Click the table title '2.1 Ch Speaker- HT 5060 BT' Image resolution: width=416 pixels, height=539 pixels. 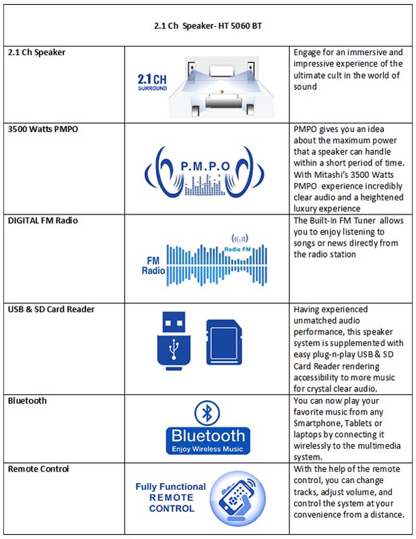point(207,26)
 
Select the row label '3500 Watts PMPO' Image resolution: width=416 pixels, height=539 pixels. point(43,129)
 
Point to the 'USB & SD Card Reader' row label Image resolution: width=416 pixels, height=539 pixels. point(51,309)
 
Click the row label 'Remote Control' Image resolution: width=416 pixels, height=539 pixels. point(38,468)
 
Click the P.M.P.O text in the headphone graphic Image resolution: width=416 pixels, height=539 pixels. point(207,166)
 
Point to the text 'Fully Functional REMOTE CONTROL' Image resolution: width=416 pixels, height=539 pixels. point(171,497)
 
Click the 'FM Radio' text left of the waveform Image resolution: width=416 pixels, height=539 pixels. point(152,265)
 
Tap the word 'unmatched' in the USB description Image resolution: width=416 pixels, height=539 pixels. point(319,321)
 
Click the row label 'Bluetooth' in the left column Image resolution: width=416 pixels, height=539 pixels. point(28,401)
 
